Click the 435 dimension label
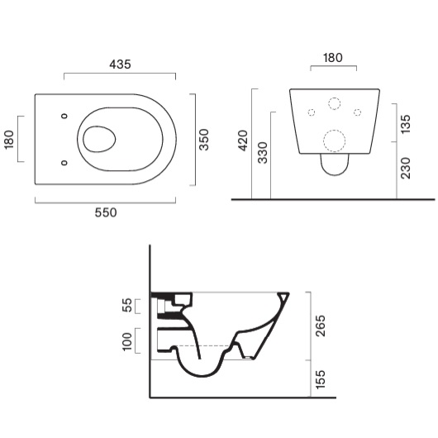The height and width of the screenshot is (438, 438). (120, 64)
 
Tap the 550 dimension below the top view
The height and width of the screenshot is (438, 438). (106, 213)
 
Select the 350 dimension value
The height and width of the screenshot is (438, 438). (204, 140)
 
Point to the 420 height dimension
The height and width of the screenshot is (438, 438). (243, 140)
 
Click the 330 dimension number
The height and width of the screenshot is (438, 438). (263, 153)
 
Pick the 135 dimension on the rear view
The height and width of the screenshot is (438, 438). (405, 124)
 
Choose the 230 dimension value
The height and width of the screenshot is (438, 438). (405, 168)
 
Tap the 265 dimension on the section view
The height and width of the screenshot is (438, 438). (320, 326)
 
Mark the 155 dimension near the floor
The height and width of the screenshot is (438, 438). (320, 379)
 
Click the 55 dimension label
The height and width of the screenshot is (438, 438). (127, 305)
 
